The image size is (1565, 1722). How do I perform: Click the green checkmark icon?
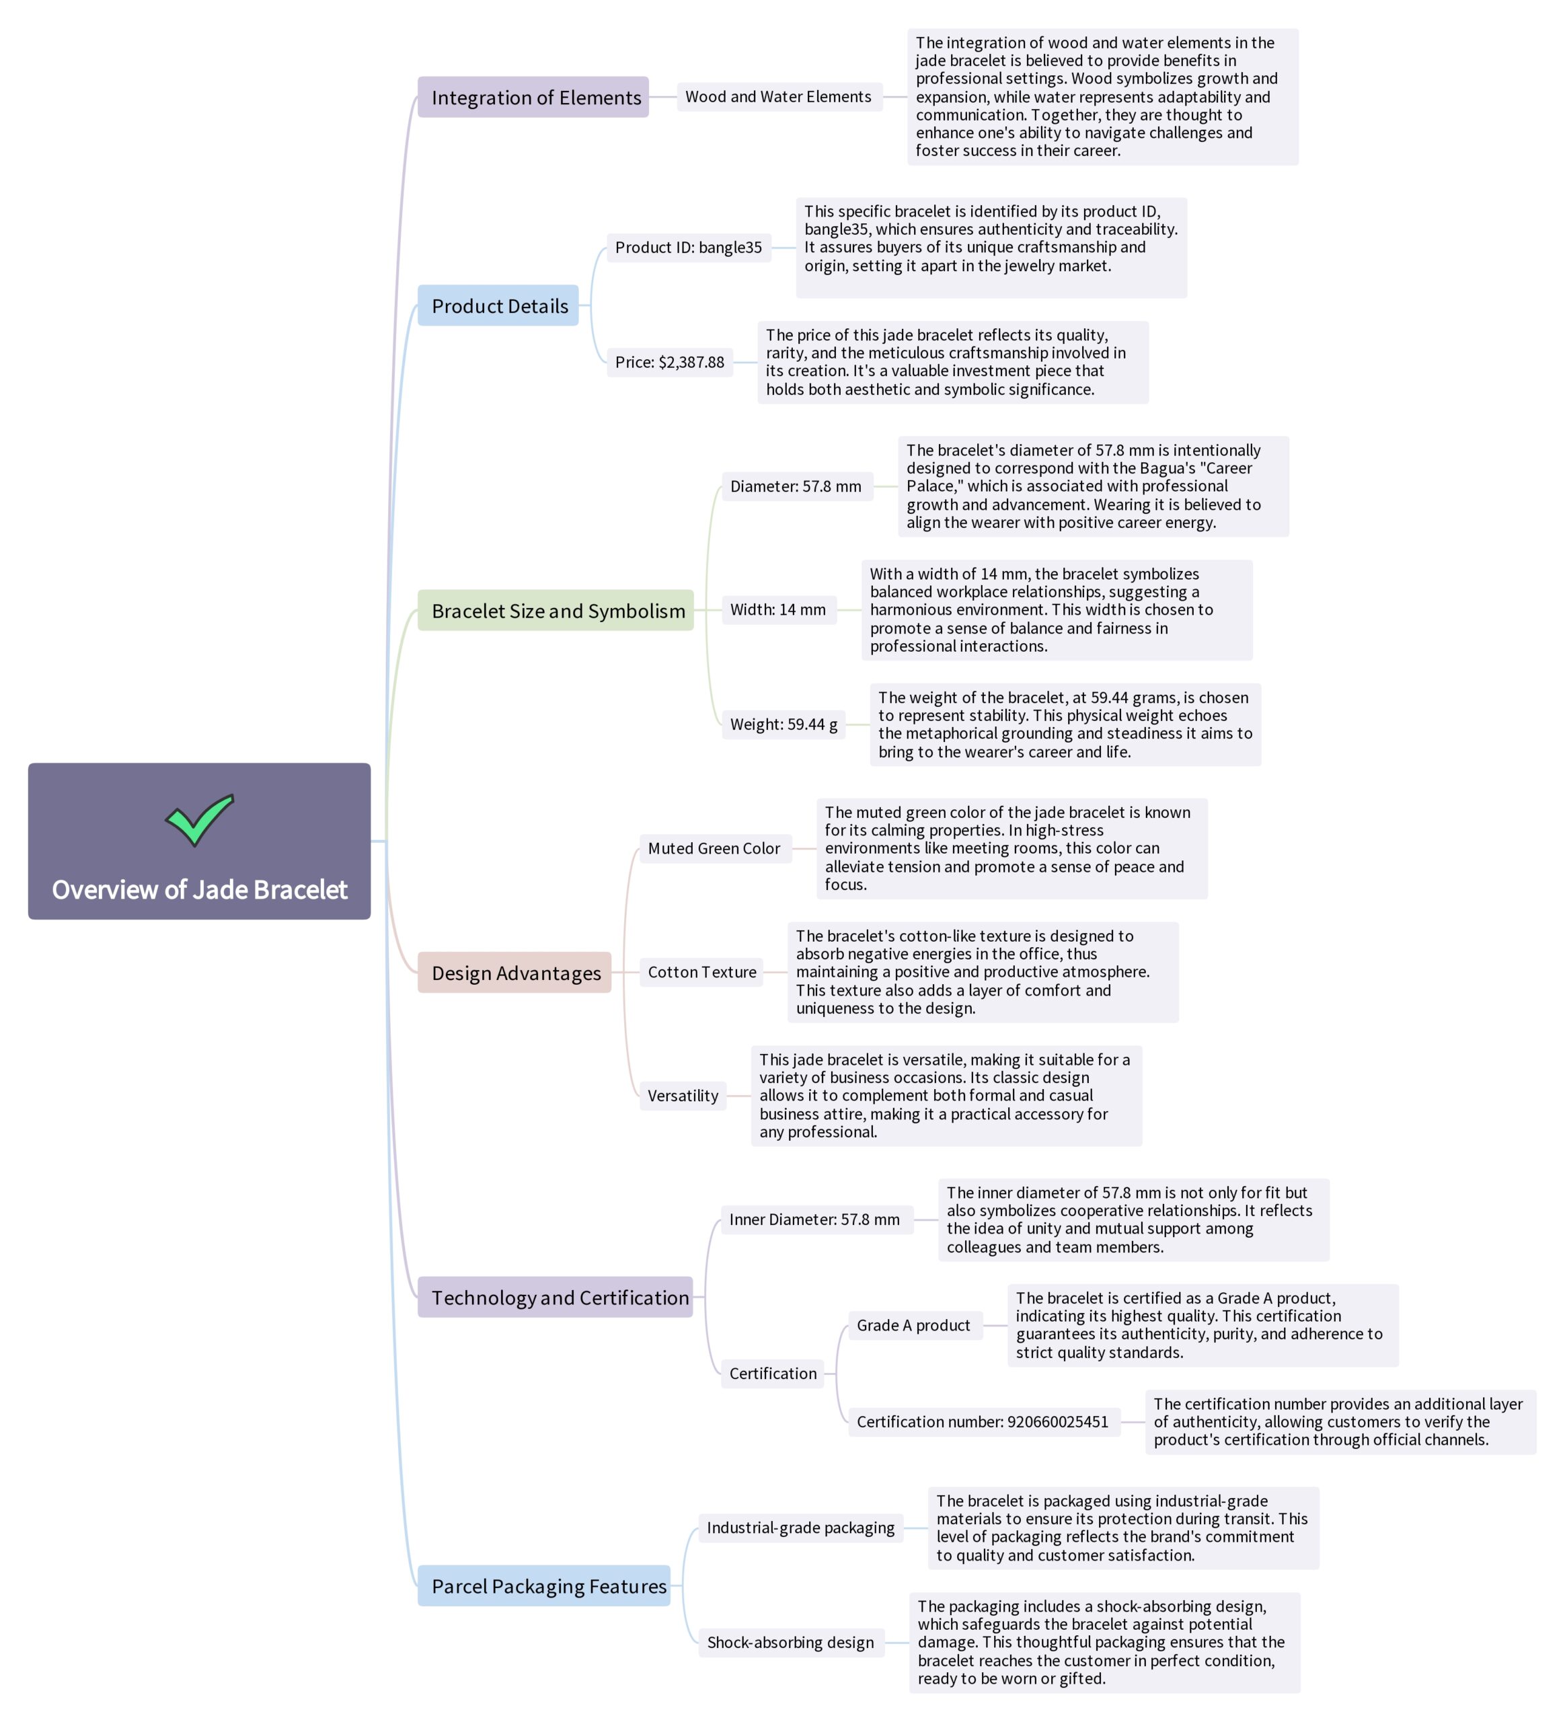click(x=199, y=819)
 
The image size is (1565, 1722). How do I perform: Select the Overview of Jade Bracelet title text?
click(x=199, y=890)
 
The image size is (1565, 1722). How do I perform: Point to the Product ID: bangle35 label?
click(x=688, y=248)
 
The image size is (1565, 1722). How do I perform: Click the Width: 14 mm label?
click(x=778, y=610)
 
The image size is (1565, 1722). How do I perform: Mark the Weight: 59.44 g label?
click(x=783, y=724)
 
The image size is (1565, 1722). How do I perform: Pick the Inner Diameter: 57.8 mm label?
click(x=814, y=1220)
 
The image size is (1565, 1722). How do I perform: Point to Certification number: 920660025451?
click(x=983, y=1422)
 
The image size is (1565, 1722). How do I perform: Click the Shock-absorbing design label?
click(x=791, y=1643)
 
